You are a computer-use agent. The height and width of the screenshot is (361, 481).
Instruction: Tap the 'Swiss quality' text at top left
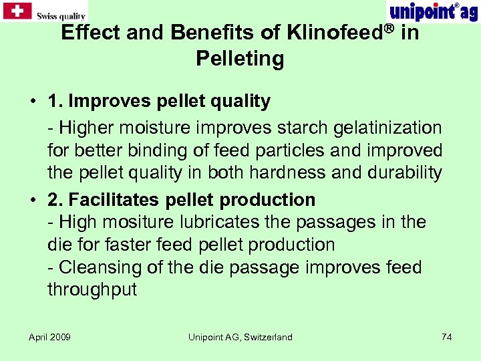pyautogui.click(x=61, y=15)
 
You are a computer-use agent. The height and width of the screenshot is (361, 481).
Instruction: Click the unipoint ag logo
pyautogui.click(x=433, y=11)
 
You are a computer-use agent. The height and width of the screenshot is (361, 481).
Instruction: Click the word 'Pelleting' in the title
pyautogui.click(x=240, y=59)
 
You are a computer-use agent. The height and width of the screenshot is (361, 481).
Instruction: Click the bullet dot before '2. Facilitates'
pyautogui.click(x=32, y=200)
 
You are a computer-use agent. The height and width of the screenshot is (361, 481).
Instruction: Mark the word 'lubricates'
pyautogui.click(x=226, y=222)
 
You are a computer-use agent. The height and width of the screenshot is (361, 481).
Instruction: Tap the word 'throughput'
pyautogui.click(x=92, y=289)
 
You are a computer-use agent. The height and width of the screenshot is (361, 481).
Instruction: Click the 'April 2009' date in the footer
pyautogui.click(x=50, y=337)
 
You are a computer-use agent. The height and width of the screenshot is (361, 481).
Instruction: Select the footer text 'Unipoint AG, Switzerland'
pyautogui.click(x=240, y=337)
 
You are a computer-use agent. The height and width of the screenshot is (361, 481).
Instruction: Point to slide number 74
pyautogui.click(x=447, y=337)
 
